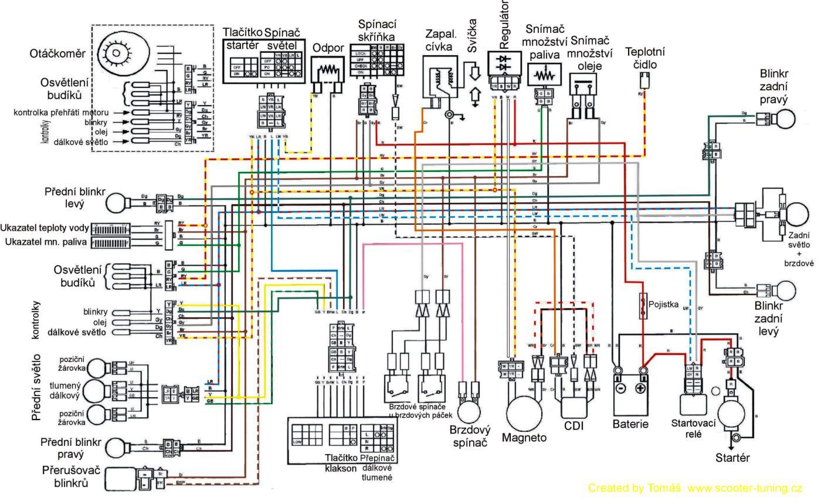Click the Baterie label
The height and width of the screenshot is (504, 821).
coord(630,424)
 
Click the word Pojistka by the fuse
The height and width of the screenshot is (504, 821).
coord(663,305)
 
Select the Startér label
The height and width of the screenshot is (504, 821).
coord(732,458)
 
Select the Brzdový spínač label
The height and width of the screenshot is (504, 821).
coord(469,436)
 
